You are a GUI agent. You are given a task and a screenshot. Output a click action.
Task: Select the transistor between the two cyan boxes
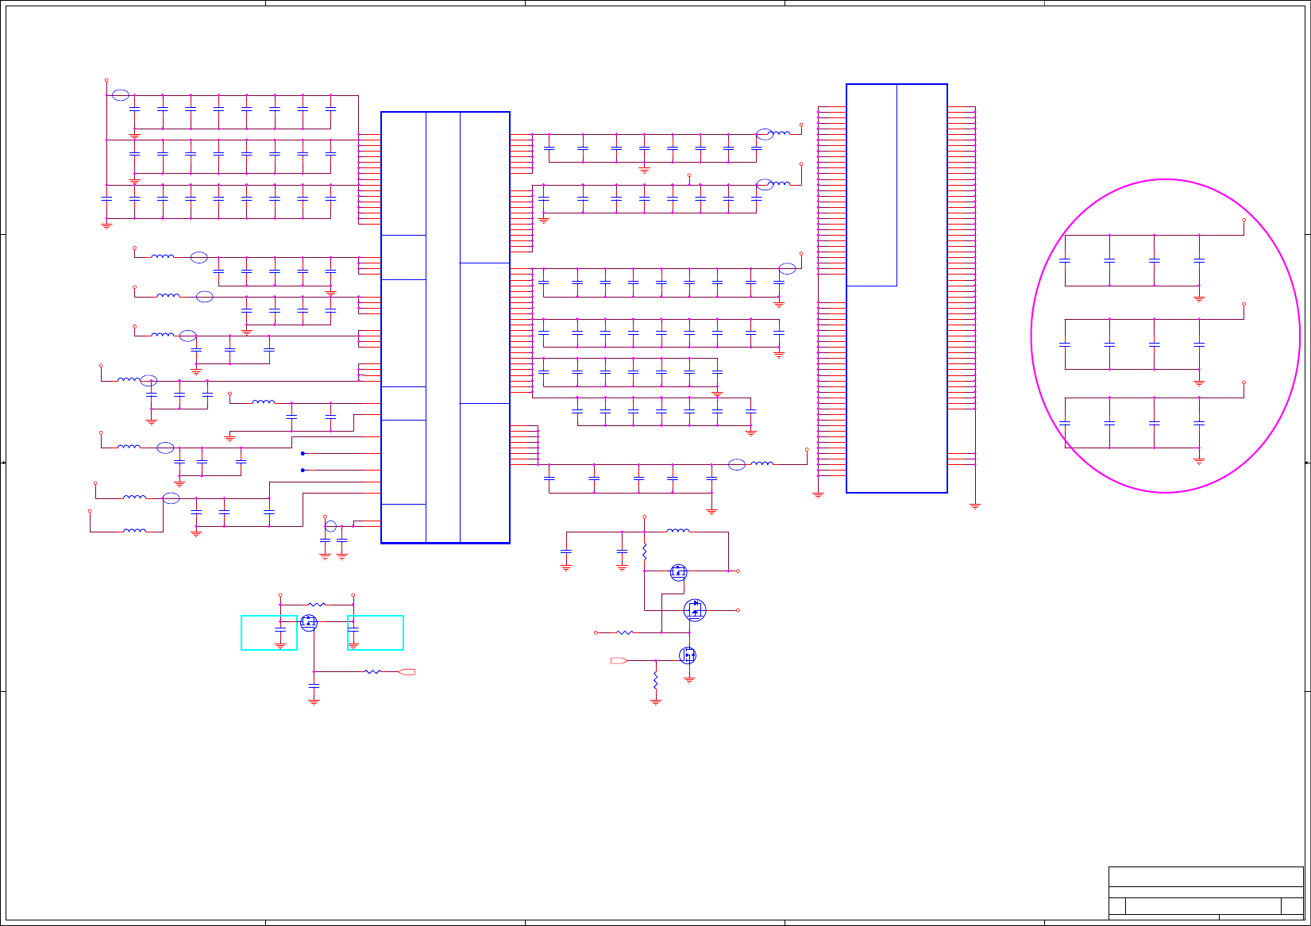(309, 622)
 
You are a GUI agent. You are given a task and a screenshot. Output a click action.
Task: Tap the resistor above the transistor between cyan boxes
(317, 605)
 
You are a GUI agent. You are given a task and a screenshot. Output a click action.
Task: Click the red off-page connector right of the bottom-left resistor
(407, 672)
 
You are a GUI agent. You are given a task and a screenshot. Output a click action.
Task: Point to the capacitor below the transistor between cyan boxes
(314, 686)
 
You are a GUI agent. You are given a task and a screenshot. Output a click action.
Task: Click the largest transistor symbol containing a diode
(695, 609)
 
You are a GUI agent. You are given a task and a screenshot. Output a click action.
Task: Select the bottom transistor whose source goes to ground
(688, 655)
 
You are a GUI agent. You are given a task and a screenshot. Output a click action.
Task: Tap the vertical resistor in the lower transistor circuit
(656, 681)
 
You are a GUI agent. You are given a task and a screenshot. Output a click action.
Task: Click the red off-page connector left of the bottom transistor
(619, 660)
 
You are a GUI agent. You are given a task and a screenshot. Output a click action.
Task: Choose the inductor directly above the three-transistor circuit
(677, 531)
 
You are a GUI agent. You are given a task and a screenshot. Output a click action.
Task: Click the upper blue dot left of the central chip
(303, 453)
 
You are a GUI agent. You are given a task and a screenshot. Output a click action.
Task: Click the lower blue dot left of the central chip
(303, 470)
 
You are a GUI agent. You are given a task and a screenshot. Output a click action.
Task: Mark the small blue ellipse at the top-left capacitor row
(120, 95)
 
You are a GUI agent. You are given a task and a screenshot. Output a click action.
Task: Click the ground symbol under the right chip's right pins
(975, 505)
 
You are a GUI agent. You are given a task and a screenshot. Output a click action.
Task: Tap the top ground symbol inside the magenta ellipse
(1199, 298)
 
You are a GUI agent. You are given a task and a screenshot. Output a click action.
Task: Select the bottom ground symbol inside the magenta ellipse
(1199, 460)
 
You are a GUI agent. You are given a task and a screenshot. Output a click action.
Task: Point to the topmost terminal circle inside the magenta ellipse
(1244, 220)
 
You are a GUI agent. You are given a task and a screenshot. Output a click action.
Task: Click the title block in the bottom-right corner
(1205, 893)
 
